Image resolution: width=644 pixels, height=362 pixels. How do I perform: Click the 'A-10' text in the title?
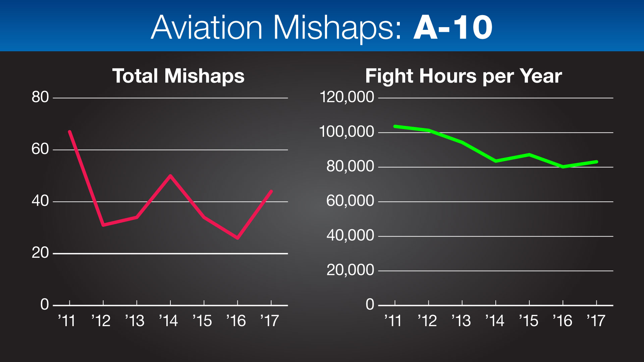(453, 27)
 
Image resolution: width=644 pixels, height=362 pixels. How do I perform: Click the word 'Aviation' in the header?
(207, 27)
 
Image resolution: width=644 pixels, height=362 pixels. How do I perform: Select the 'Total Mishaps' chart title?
(178, 76)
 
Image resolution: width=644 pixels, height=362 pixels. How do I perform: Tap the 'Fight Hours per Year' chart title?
(464, 76)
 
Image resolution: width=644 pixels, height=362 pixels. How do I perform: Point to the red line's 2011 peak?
(70, 131)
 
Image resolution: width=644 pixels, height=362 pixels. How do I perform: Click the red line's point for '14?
(170, 175)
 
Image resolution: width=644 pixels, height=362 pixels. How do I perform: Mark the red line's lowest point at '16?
(237, 238)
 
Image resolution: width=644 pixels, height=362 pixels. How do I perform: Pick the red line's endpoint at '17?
(271, 191)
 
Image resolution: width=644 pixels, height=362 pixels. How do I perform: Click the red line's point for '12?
(103, 225)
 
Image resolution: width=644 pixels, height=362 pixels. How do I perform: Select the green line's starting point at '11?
(395, 126)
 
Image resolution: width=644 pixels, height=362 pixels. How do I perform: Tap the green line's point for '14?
(496, 161)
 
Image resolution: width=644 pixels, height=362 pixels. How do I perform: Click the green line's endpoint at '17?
(596, 162)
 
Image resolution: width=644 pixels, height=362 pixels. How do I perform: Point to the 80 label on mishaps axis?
(40, 97)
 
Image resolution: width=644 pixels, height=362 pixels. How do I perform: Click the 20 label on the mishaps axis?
(40, 253)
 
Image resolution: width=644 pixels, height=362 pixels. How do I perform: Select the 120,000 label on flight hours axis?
(347, 97)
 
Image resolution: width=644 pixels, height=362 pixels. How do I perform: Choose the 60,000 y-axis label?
(350, 201)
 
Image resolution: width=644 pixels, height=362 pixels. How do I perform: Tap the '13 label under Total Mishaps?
(135, 321)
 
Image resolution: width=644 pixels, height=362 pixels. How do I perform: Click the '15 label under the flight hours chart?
(529, 321)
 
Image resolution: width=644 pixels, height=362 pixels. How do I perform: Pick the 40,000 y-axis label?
(350, 235)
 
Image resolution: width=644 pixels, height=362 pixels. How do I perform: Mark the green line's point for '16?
(563, 167)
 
